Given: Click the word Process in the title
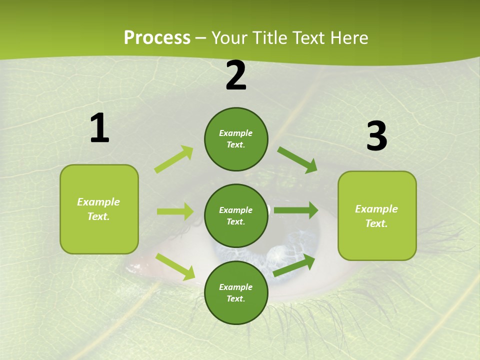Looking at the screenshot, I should [157, 38].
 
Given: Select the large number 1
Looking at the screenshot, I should [99, 128].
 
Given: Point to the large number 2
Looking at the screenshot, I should [236, 75].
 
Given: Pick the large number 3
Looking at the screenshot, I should [376, 136].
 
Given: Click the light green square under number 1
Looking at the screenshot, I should [99, 209].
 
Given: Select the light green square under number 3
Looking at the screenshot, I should [377, 215].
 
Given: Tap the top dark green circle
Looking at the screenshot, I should [236, 139].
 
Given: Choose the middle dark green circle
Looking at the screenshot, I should [236, 215].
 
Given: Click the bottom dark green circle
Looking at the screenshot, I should [236, 292].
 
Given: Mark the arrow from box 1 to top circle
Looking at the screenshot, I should [174, 159].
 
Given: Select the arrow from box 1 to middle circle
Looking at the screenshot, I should [175, 211].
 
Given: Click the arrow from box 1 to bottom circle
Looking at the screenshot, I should [175, 266].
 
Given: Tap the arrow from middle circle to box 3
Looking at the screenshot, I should [296, 210].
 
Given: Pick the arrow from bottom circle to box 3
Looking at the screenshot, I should [294, 265].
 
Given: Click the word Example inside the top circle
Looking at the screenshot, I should [236, 133].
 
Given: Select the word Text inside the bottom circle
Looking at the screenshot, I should [235, 298].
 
